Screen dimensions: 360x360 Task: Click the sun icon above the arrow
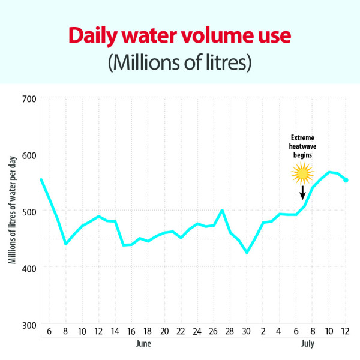pos(302,173)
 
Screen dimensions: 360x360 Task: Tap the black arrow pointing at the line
pos(302,193)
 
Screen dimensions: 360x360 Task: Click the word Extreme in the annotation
pos(302,137)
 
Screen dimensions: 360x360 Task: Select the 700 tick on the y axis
pos(29,99)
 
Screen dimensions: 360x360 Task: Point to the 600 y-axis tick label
pos(29,155)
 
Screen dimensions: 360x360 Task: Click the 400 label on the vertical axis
pos(29,268)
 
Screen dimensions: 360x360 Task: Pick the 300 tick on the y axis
pos(29,325)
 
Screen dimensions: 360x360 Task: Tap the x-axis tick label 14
pos(115,331)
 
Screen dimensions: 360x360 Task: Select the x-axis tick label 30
pos(246,331)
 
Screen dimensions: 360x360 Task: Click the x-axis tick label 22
pos(181,331)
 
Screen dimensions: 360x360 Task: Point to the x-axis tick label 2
pos(263,331)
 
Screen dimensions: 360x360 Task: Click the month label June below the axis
pos(143,343)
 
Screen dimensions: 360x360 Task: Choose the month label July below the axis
pos(308,344)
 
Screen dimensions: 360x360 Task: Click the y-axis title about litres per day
pos(13,210)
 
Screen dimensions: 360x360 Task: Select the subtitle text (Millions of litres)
pos(180,62)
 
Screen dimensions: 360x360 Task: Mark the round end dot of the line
pos(346,180)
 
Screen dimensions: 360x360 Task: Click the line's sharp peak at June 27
pos(222,210)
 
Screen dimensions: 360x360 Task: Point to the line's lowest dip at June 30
pos(247,253)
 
